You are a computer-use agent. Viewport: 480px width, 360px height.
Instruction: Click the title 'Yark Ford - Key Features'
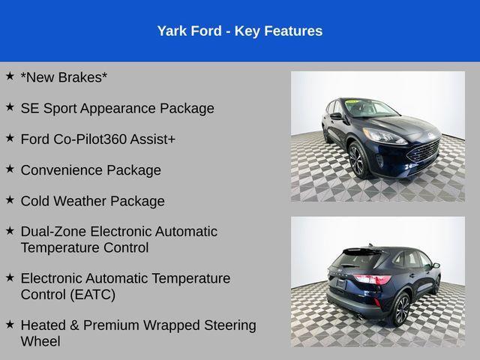(x=240, y=31)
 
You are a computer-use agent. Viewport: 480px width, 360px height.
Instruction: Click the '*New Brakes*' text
(x=64, y=77)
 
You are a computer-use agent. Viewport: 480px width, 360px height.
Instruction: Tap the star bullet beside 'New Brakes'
(x=10, y=76)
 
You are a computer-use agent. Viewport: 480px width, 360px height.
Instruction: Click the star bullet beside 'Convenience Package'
(x=10, y=169)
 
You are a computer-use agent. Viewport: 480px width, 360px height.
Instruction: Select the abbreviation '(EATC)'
(x=91, y=295)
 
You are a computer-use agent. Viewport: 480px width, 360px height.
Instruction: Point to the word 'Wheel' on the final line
(x=40, y=341)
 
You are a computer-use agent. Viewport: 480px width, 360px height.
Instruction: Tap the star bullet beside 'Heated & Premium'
(x=10, y=324)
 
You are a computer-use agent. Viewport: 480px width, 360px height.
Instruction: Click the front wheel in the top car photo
(x=356, y=160)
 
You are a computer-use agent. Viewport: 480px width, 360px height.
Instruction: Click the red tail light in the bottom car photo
(x=371, y=280)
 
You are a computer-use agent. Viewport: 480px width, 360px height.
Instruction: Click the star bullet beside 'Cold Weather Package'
(x=10, y=199)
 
